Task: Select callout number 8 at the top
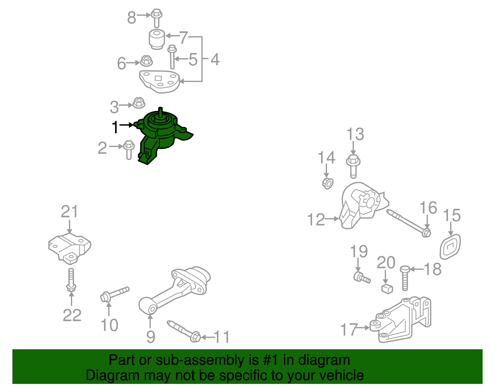[132, 18]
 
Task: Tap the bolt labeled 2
[129, 150]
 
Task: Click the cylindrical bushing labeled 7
[157, 39]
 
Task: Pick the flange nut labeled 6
[146, 61]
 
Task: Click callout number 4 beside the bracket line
[215, 59]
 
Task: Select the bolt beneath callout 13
[353, 166]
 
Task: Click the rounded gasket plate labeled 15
[450, 247]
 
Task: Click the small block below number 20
[387, 289]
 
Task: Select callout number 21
[70, 211]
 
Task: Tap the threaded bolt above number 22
[71, 280]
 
